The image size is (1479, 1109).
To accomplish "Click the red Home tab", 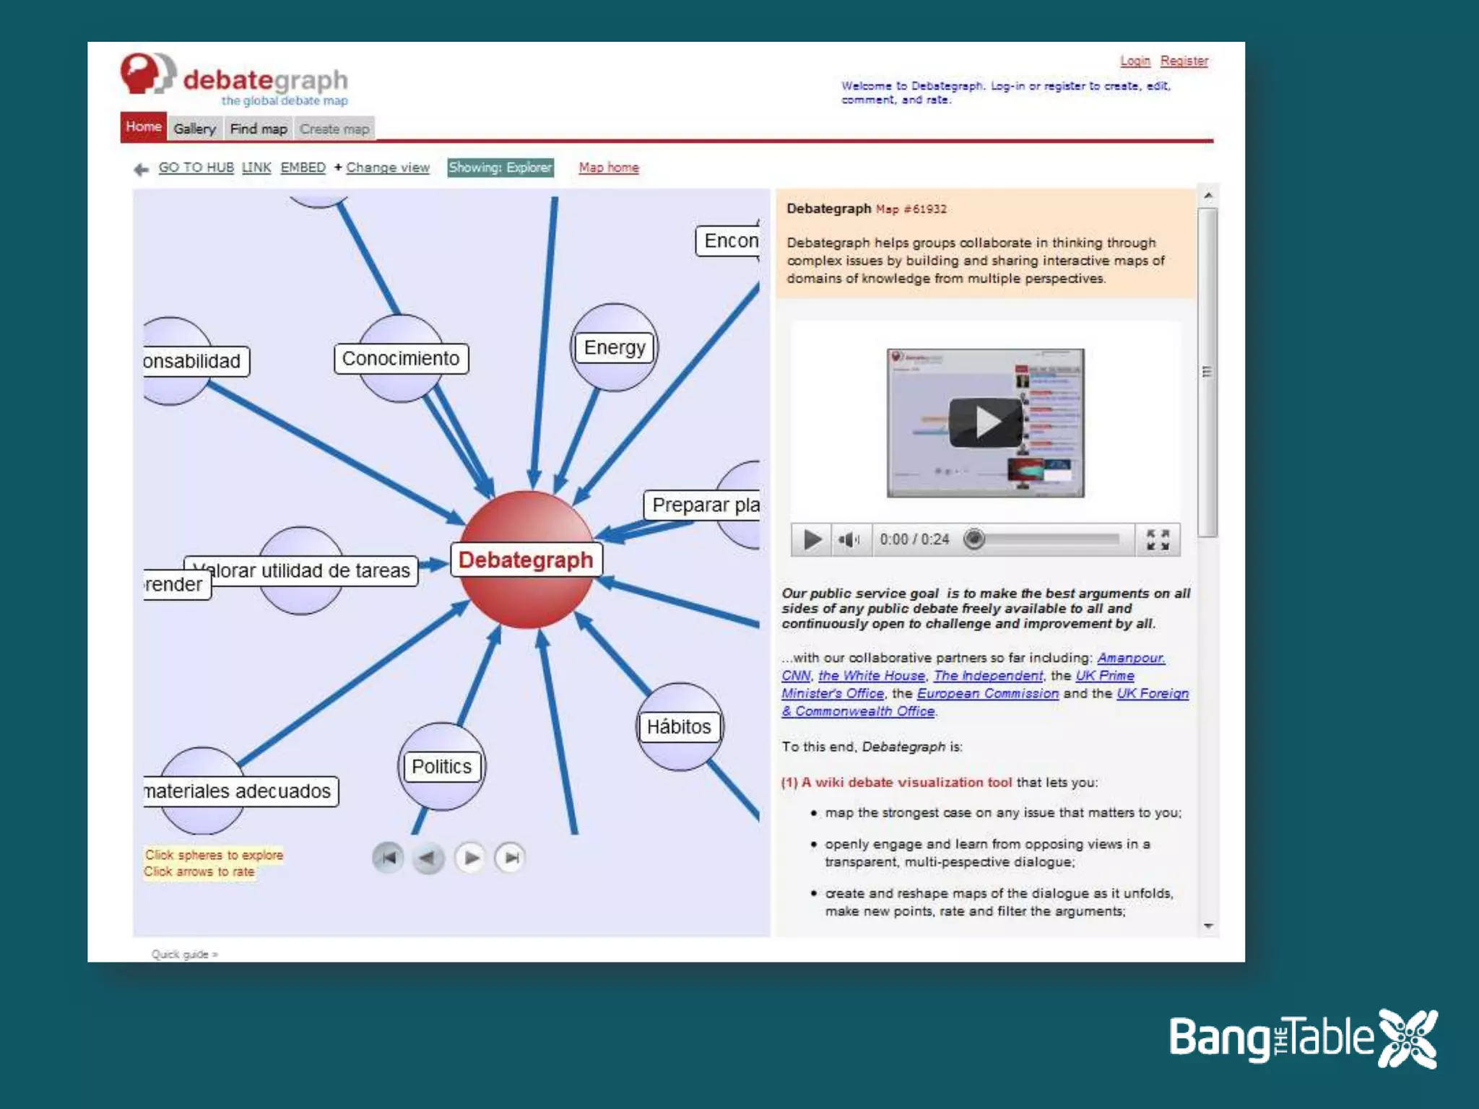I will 143,127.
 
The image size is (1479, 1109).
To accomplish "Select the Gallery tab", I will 194,129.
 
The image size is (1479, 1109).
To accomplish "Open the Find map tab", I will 259,129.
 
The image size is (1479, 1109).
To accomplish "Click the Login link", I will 1135,61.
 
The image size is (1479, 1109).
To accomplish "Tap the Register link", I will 1184,61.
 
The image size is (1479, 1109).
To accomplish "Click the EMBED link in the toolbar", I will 303,168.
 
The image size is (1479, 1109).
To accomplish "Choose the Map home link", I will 608,168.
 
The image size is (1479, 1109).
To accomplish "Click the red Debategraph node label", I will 526,560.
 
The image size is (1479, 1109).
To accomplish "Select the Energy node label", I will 615,348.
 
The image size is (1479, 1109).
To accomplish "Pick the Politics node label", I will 441,767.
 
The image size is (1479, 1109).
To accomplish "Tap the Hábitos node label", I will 679,727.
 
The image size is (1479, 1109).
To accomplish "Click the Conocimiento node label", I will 401,359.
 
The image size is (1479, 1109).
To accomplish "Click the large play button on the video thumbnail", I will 985,422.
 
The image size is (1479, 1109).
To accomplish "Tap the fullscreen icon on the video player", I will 1158,539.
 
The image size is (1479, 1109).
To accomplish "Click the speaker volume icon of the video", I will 848,539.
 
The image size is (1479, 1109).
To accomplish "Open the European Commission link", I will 987,694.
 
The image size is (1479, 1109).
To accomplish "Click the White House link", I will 871,676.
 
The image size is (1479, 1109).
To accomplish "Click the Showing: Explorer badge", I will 500,168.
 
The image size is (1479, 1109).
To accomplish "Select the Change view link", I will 387,168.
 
